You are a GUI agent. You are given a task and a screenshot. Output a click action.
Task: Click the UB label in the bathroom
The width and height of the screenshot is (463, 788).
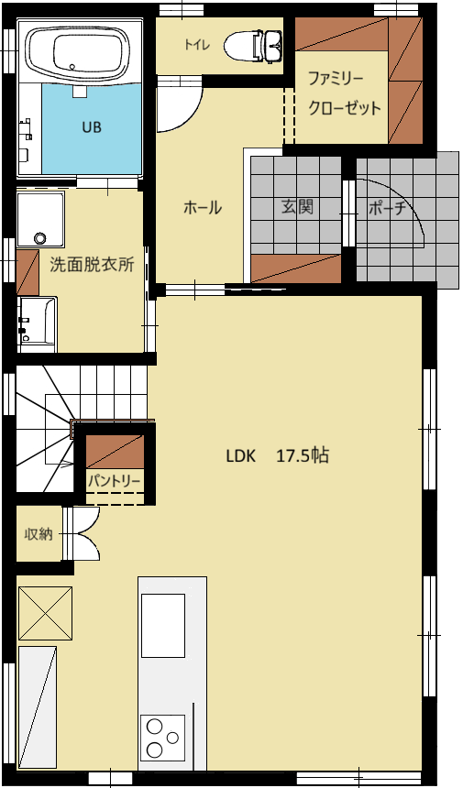click(92, 127)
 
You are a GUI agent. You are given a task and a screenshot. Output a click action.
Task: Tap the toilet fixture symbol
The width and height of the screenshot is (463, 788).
click(253, 46)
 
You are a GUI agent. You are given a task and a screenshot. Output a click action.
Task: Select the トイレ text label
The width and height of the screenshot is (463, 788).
click(196, 45)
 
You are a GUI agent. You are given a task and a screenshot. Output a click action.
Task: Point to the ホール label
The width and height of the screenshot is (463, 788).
click(202, 208)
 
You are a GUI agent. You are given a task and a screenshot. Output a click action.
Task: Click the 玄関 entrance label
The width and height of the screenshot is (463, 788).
click(298, 206)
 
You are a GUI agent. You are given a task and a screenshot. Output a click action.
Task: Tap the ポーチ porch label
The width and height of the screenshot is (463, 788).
click(387, 208)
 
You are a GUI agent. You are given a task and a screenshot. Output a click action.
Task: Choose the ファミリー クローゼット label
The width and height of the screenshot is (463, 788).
click(344, 93)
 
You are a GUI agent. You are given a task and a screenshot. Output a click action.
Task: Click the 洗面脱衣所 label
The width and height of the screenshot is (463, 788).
click(92, 265)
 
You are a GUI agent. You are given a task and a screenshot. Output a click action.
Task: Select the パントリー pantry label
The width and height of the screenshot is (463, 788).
click(114, 481)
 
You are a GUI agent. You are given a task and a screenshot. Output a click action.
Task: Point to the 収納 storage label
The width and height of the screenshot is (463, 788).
click(39, 534)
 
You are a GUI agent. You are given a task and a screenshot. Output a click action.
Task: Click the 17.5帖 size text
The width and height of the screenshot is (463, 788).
click(303, 455)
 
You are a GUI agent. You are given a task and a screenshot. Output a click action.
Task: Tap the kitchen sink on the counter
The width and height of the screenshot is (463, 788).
click(163, 626)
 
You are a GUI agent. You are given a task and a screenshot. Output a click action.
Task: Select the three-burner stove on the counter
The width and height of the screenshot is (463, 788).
click(163, 738)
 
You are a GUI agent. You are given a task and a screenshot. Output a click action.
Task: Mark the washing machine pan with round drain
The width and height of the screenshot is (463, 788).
click(40, 220)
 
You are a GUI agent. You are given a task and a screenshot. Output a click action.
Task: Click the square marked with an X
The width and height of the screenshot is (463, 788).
click(45, 613)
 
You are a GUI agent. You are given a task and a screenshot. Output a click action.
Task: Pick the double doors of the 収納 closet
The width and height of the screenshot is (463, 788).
click(82, 533)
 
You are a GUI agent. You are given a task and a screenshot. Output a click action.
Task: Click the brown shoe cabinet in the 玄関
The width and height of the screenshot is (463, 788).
click(296, 268)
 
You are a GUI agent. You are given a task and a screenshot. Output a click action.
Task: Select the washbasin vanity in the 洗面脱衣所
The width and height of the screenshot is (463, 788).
click(37, 324)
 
